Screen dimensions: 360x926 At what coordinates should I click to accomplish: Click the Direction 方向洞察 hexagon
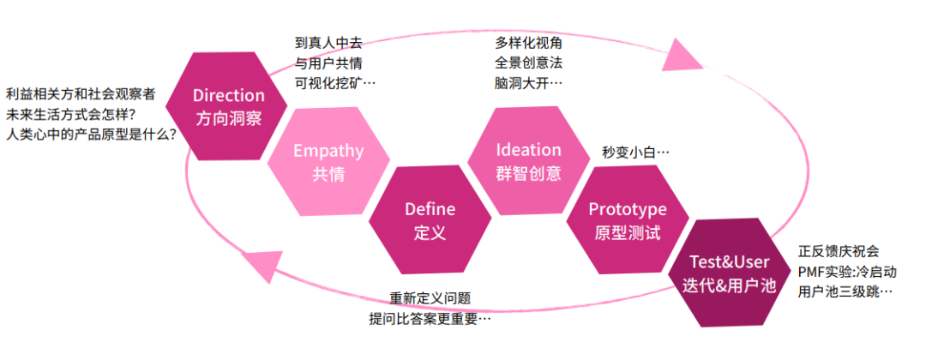tap(228, 106)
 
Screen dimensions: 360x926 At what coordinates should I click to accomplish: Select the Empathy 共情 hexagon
tap(328, 162)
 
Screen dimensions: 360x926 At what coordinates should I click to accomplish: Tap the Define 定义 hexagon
tap(430, 220)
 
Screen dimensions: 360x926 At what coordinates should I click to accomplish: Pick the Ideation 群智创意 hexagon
tap(528, 161)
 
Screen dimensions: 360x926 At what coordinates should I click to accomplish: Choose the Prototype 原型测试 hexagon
tap(627, 220)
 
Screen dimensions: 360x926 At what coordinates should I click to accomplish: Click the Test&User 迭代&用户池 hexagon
tap(730, 273)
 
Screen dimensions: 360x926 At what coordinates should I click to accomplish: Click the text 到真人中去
tap(328, 41)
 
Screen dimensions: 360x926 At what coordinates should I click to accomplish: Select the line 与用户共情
tap(328, 63)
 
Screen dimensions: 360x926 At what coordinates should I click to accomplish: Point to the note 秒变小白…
tap(635, 153)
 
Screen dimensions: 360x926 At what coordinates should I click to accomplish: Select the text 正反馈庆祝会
tap(839, 251)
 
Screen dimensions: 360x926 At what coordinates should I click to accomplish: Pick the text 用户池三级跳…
tap(845, 292)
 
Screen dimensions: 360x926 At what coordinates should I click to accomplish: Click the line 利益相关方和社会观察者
tap(81, 94)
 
